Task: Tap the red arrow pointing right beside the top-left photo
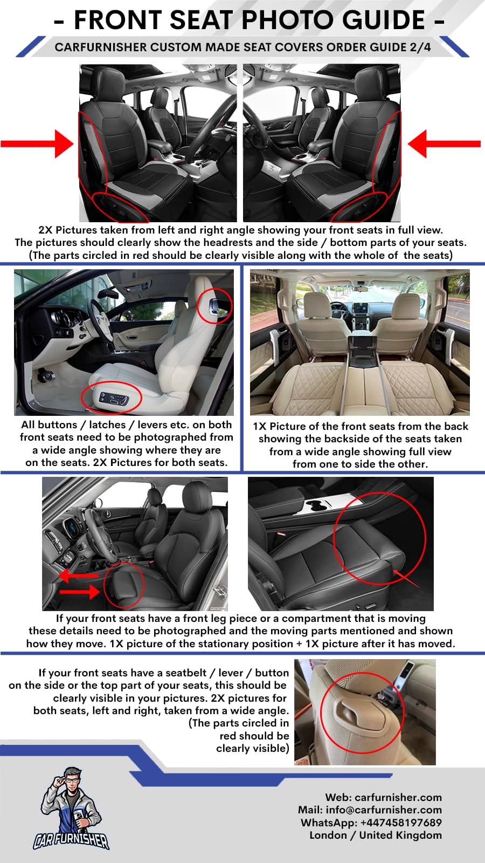point(37,143)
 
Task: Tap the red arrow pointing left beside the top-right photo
point(444,143)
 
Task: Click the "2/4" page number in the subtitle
point(420,47)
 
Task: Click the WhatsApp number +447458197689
point(401,822)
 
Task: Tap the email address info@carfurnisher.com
point(383,810)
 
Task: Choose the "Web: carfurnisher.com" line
point(383,797)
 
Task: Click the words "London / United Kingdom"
point(376,835)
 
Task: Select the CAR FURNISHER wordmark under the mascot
point(71,840)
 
